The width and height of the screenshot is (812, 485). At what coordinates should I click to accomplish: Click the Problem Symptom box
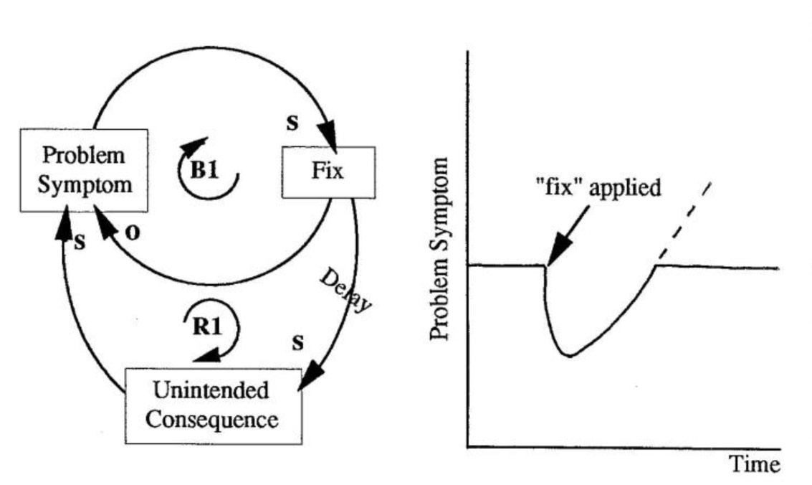[84, 170]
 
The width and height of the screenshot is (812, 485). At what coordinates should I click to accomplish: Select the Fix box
[328, 172]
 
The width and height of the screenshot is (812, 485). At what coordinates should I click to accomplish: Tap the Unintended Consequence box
[214, 405]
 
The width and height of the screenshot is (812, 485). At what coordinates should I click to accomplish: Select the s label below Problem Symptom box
[79, 242]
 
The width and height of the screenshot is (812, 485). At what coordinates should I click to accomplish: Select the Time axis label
[754, 464]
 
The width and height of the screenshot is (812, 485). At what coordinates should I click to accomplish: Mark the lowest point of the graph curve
[568, 354]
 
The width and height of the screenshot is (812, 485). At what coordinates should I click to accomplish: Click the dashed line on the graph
[684, 222]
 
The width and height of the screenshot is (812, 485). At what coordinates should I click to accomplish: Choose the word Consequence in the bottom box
[212, 418]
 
